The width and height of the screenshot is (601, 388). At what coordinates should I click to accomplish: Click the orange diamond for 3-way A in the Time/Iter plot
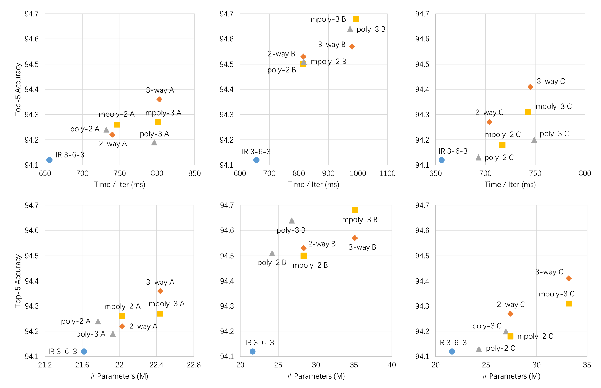(x=159, y=99)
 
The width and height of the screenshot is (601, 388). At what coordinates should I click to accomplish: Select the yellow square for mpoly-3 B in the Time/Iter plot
(x=356, y=19)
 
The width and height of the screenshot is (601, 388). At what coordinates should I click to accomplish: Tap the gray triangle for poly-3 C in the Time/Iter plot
(x=534, y=140)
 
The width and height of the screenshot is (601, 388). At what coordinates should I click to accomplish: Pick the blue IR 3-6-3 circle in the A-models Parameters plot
(x=84, y=352)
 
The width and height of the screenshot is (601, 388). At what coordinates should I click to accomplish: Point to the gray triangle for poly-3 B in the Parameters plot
(x=292, y=220)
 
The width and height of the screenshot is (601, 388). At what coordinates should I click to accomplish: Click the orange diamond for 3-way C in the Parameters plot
(x=569, y=278)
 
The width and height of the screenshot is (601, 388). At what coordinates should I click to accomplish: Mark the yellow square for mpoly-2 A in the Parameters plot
(x=122, y=316)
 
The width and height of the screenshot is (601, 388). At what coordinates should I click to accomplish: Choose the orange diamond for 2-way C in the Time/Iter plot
(x=489, y=122)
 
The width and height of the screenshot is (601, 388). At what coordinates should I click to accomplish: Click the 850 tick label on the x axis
(x=194, y=173)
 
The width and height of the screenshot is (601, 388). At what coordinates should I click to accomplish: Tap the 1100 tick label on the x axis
(x=387, y=173)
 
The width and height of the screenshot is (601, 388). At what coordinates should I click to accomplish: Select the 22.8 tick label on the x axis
(x=194, y=365)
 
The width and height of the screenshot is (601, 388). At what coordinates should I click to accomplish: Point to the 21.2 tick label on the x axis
(x=45, y=365)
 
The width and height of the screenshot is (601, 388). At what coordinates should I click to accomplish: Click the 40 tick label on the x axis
(x=392, y=365)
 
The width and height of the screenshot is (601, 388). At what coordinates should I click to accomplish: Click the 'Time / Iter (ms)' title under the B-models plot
(x=314, y=185)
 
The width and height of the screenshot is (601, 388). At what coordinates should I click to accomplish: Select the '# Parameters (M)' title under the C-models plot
(x=511, y=376)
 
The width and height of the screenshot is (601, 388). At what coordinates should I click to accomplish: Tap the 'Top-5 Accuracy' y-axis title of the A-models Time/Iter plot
(x=18, y=89)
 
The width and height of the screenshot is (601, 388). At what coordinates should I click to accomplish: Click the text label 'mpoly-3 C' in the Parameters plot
(x=556, y=294)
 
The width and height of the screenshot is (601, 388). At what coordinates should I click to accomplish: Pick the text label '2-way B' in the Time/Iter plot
(x=281, y=54)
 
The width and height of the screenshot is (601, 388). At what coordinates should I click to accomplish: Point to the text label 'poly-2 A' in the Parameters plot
(x=76, y=321)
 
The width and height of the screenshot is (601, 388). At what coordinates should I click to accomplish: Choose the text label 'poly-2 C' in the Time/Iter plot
(x=499, y=158)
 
